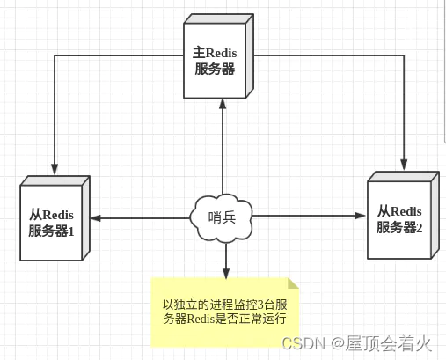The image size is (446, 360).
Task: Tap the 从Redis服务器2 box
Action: (x=399, y=218)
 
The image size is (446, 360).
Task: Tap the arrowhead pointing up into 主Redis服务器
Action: (x=223, y=103)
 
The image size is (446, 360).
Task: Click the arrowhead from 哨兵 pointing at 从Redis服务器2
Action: (x=361, y=214)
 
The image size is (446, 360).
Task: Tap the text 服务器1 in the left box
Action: (x=53, y=231)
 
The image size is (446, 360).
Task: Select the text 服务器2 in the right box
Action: (x=399, y=228)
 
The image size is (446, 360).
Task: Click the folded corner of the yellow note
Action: (x=293, y=283)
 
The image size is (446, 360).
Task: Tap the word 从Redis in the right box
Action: (x=399, y=211)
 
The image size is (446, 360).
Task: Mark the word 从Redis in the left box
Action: (x=52, y=215)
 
